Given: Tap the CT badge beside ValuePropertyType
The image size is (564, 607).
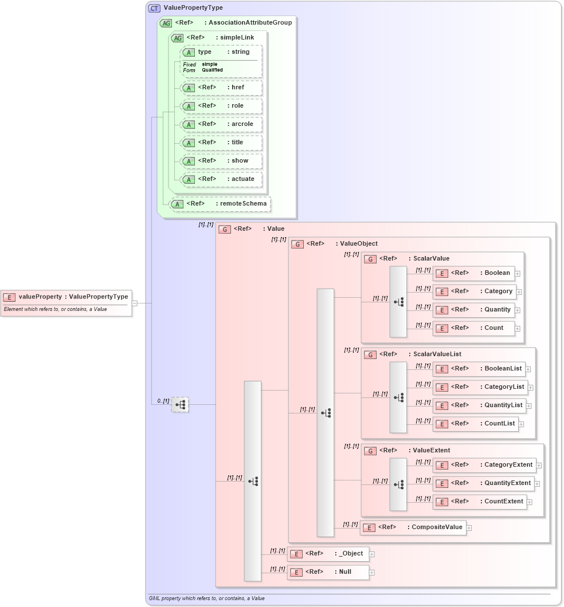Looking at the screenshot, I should pyautogui.click(x=154, y=8).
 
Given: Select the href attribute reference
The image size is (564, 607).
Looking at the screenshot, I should pyautogui.click(x=221, y=88).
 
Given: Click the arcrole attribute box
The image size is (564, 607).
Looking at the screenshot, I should pyautogui.click(x=221, y=124).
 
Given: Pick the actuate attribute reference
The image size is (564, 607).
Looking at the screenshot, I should pyautogui.click(x=221, y=179).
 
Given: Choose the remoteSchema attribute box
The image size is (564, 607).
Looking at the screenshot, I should pyautogui.click(x=220, y=204).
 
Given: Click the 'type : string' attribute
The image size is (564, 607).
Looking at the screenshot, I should pyautogui.click(x=221, y=52).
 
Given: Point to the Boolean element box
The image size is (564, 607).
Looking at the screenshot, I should pyautogui.click(x=473, y=273).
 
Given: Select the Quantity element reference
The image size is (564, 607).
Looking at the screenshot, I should pyautogui.click(x=473, y=310).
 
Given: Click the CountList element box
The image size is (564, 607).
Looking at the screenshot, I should pyautogui.click(x=476, y=424).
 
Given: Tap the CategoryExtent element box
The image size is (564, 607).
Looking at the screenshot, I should pyautogui.click(x=484, y=465).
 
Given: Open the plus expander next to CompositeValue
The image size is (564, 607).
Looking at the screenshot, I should pyautogui.click(x=469, y=528).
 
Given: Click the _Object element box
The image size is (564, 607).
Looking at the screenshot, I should pyautogui.click(x=328, y=554).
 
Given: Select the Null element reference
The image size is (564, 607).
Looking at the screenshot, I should pyautogui.click(x=328, y=572).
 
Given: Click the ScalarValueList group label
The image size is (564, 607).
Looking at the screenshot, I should pyautogui.click(x=437, y=354).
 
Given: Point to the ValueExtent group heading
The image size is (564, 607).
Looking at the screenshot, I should pyautogui.click(x=431, y=451).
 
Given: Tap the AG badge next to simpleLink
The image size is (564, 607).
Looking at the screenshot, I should pyautogui.click(x=178, y=38).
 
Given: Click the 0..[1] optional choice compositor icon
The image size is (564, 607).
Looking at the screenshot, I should pyautogui.click(x=180, y=405).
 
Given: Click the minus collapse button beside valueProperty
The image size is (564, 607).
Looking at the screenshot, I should pyautogui.click(x=134, y=303).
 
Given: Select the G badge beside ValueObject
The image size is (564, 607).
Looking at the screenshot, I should pyautogui.click(x=297, y=244).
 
